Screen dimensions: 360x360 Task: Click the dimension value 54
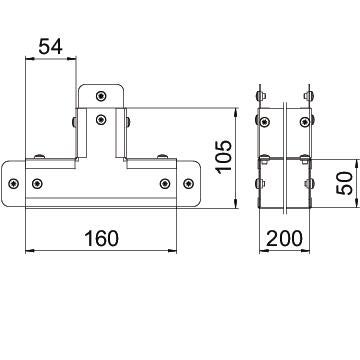click(50, 46)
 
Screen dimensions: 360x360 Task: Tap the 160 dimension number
click(101, 239)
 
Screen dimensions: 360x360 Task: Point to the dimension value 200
click(285, 239)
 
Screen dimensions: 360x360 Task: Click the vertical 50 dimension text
click(344, 183)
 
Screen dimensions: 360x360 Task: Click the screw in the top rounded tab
click(101, 96)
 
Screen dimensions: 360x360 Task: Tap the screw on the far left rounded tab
click(13, 183)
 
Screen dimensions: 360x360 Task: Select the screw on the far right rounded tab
click(188, 183)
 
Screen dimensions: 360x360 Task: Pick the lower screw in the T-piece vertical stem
click(101, 119)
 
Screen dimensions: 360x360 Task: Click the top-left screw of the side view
click(265, 122)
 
